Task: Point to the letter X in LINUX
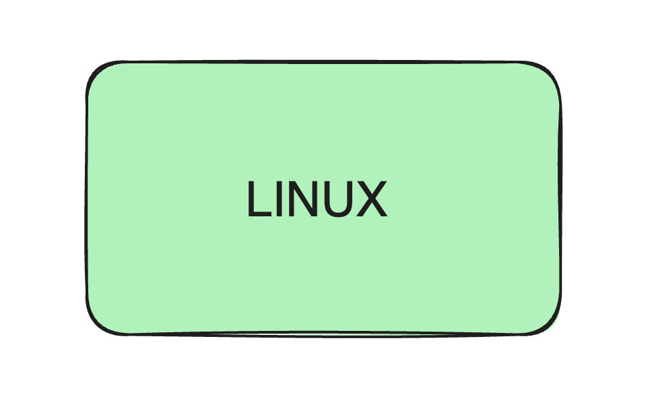pos(370,199)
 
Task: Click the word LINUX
pos(316,199)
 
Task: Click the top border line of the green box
pos(323,62)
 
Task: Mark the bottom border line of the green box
pos(323,334)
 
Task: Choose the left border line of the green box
pos(86,199)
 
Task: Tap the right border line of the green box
pos(560,199)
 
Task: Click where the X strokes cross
pos(370,199)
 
